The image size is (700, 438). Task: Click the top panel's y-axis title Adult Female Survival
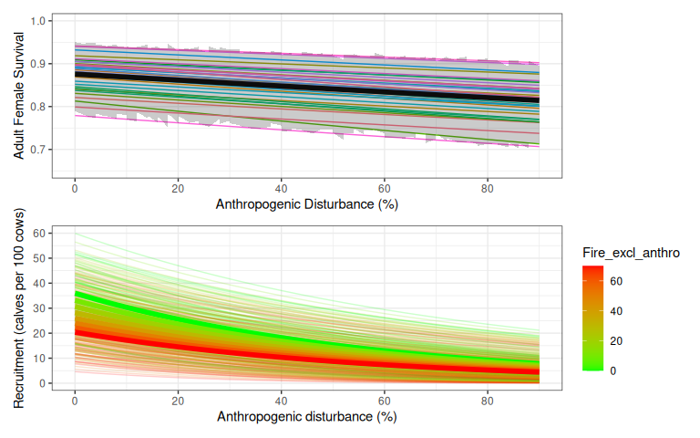coord(18,97)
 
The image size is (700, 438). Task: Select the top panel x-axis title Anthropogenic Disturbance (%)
coord(307,203)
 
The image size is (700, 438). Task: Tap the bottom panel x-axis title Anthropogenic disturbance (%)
coord(307,417)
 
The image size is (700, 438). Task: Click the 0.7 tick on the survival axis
coord(38,150)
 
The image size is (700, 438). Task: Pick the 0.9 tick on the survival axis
coord(38,64)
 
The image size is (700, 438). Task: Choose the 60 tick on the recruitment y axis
coord(40,234)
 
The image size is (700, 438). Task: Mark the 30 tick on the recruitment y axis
coord(40,308)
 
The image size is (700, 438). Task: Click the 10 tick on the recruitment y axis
coord(40,359)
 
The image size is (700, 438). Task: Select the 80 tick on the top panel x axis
coord(488,186)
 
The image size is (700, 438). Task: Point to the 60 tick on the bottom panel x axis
coord(385,400)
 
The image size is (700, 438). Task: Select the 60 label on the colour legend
coord(616,282)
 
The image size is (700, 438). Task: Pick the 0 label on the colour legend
coord(612,370)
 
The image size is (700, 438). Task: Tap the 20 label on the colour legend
coord(616,340)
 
